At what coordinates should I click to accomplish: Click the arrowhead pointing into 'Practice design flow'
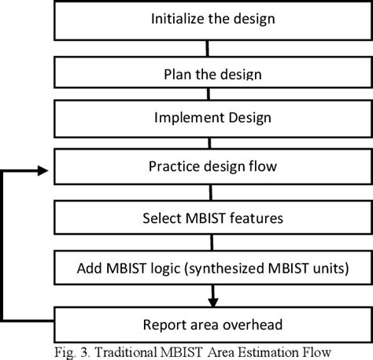coord(45,167)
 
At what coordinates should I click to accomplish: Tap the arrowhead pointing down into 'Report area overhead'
coord(211,301)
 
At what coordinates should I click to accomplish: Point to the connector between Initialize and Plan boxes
coord(208,49)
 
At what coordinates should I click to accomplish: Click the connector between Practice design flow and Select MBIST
coord(210,193)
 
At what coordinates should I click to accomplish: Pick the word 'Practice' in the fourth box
coord(172,166)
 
